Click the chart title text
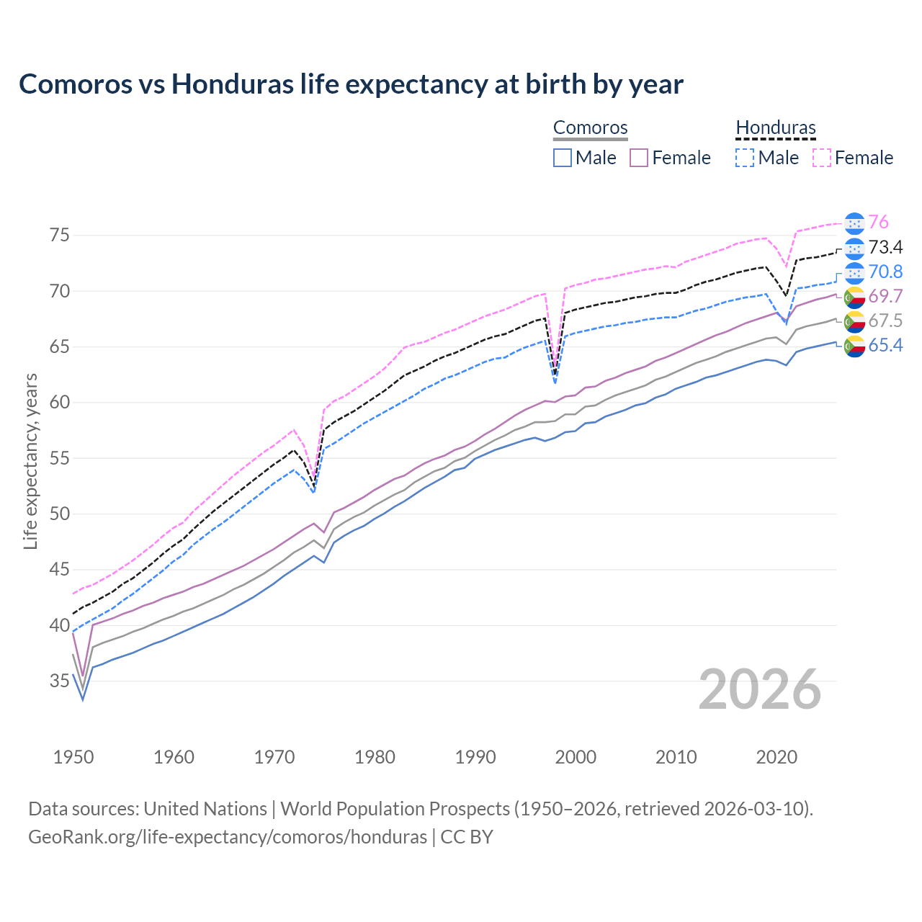click(x=351, y=84)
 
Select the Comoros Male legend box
click(x=563, y=158)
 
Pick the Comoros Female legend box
click(x=639, y=158)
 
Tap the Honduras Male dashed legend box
click(x=745, y=158)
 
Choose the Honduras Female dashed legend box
click(x=821, y=158)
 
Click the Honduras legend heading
click(x=776, y=128)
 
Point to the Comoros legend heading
click(x=591, y=128)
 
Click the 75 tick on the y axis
click(x=60, y=236)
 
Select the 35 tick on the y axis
click(x=60, y=681)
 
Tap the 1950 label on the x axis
click(x=73, y=757)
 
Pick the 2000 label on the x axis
click(x=576, y=757)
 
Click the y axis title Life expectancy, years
click(x=31, y=461)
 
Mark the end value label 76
click(x=878, y=223)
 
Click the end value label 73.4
click(x=885, y=248)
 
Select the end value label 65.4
click(x=885, y=346)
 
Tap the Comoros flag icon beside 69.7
click(x=854, y=297)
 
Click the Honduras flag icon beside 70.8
click(x=854, y=272)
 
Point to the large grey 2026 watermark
click(x=760, y=689)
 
